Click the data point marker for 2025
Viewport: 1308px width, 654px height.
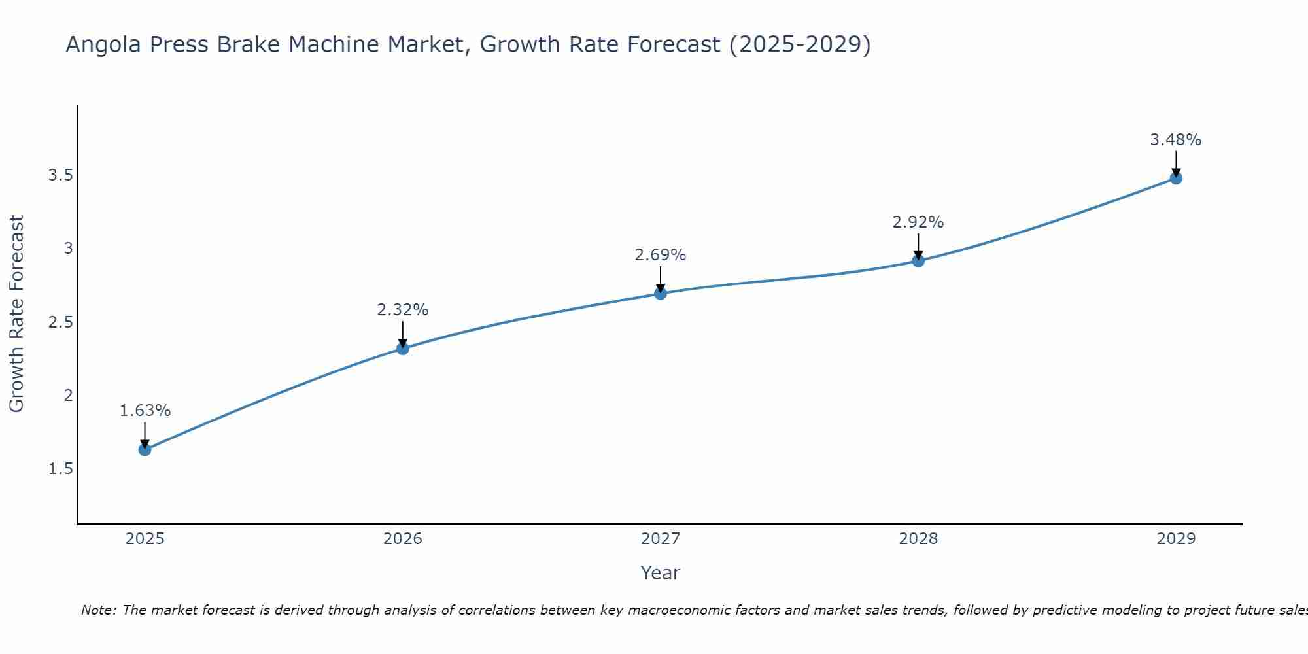(x=145, y=449)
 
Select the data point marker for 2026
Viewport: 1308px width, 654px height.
(x=403, y=349)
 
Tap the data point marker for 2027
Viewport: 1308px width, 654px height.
(x=661, y=294)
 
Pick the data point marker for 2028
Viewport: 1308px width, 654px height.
(x=918, y=261)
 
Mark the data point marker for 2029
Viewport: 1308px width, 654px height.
(x=1176, y=178)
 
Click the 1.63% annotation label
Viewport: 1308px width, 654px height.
(x=145, y=411)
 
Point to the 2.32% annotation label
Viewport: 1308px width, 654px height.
(x=403, y=310)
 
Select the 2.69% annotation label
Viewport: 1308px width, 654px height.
(x=661, y=255)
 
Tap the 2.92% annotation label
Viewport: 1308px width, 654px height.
(x=918, y=222)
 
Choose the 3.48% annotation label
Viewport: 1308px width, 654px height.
(x=1176, y=140)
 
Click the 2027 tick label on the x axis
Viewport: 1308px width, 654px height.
(x=661, y=539)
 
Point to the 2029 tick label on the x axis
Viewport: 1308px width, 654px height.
(x=1176, y=539)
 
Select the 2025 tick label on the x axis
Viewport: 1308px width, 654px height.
(x=145, y=539)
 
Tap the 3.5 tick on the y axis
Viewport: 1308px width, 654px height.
(x=60, y=175)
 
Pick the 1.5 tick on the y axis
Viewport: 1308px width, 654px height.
(x=60, y=469)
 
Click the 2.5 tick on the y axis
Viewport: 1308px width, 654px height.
(x=60, y=322)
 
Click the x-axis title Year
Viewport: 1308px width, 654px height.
(x=661, y=573)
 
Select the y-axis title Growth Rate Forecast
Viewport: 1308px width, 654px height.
(x=16, y=314)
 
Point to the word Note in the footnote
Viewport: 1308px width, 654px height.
(x=98, y=610)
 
